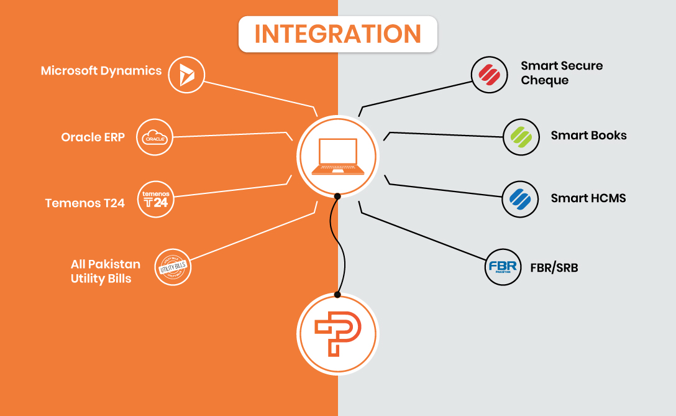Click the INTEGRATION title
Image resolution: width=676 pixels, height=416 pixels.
[x=338, y=34]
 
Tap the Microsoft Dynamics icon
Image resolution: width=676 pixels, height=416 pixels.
[x=186, y=75]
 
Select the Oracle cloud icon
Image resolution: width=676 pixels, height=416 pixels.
[x=153, y=137]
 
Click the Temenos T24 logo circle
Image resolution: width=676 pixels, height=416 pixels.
[x=155, y=200]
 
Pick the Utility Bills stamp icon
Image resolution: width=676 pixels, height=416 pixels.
[x=173, y=267]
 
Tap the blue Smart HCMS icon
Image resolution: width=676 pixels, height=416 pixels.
[x=519, y=199]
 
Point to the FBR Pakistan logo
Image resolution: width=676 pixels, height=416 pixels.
[x=502, y=267]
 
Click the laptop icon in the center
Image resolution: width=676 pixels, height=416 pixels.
[x=337, y=156]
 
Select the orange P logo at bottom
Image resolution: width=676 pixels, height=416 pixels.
[x=337, y=335]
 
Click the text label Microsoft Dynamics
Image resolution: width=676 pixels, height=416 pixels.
[x=101, y=71]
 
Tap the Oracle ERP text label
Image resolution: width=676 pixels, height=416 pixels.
[x=93, y=137]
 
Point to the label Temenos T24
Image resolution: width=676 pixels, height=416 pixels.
[x=85, y=203]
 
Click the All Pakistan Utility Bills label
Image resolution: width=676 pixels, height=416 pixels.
[x=105, y=271]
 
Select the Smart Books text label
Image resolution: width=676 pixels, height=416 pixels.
[x=588, y=136]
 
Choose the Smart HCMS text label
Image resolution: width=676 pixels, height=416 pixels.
[x=588, y=198]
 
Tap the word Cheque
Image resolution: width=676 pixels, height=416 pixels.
[x=545, y=81]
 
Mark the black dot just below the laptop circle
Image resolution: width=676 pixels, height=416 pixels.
[x=337, y=196]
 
